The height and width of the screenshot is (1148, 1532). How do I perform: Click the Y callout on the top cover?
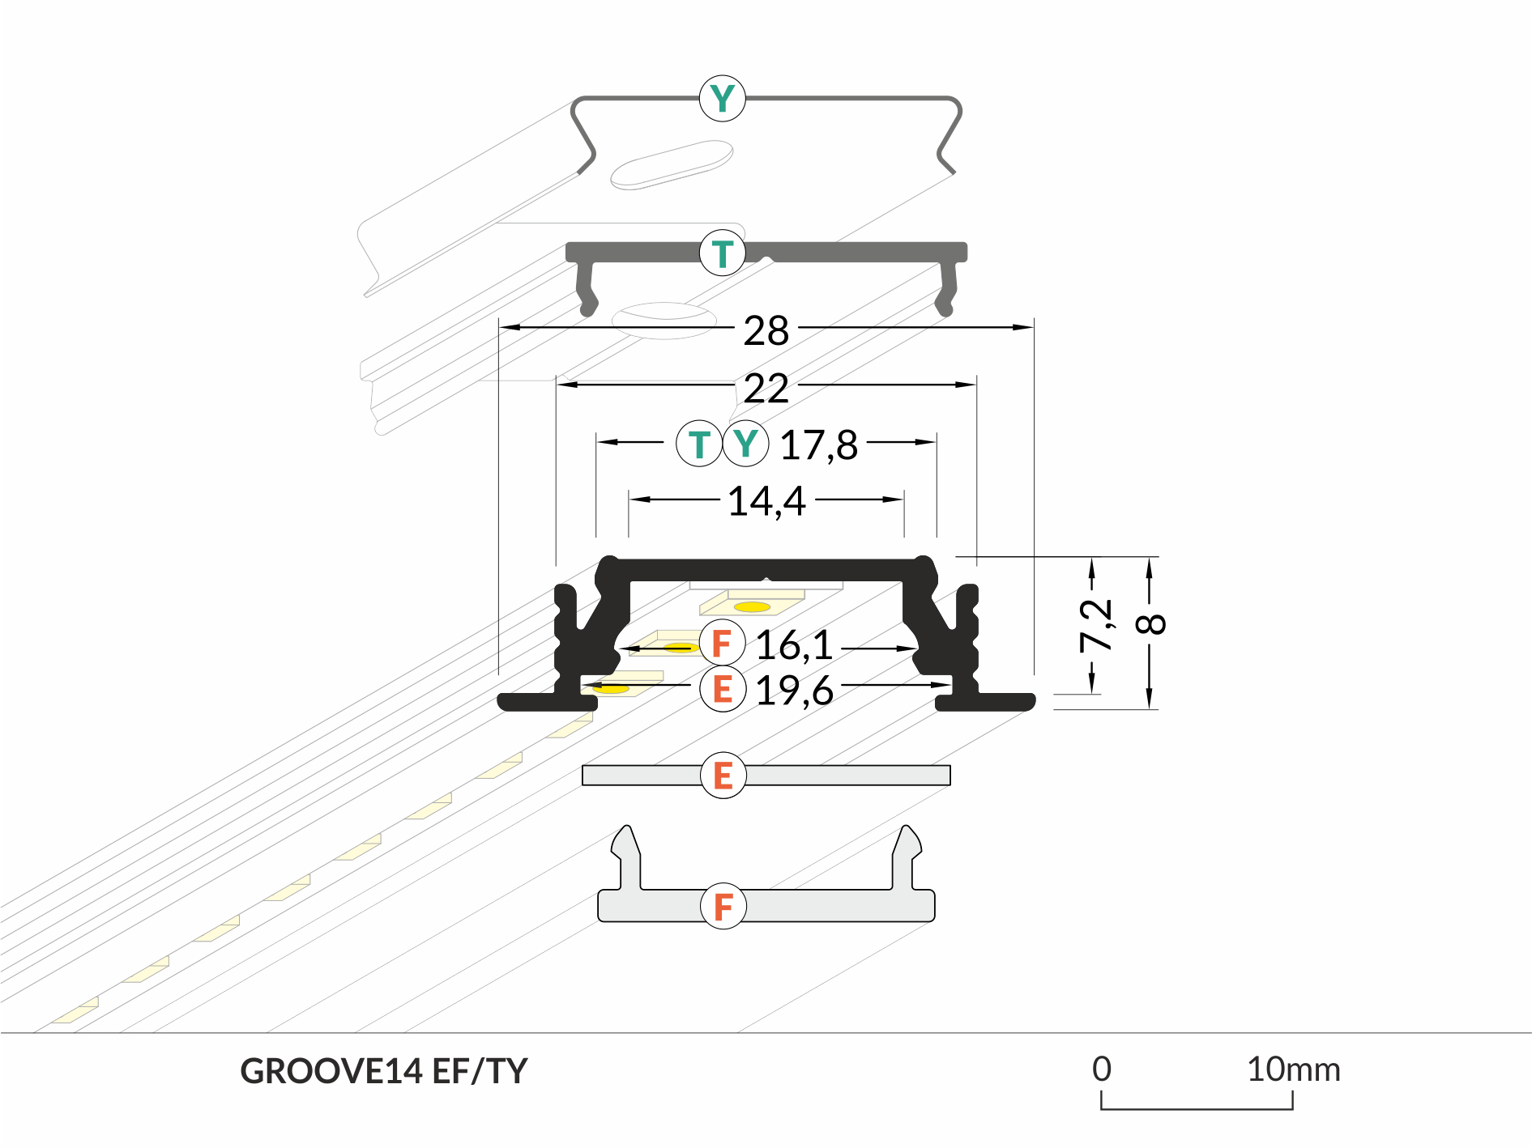[x=722, y=99]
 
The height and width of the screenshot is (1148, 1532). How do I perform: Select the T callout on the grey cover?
[x=722, y=253]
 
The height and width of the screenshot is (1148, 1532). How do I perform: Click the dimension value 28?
[x=766, y=331]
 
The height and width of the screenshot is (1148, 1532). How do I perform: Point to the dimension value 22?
[x=766, y=389]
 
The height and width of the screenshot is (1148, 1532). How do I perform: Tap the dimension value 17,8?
[x=818, y=445]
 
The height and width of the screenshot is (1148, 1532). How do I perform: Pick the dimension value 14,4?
[x=766, y=501]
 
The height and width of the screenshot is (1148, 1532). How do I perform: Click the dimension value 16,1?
[x=794, y=645]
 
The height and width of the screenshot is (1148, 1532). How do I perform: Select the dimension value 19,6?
[x=794, y=691]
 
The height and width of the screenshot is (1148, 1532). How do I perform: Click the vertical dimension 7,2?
[x=1095, y=625]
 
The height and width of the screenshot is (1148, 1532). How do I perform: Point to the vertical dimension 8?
[x=1151, y=624]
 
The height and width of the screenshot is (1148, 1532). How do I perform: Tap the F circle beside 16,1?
[x=722, y=644]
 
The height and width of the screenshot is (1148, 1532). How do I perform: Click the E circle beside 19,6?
[x=722, y=690]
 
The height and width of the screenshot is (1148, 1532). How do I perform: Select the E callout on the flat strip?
[x=723, y=776]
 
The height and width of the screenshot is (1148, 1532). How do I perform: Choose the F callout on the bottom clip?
[x=723, y=906]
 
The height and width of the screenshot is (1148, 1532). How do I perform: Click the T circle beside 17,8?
[x=698, y=444]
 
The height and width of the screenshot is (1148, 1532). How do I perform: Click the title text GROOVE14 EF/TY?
[x=384, y=1071]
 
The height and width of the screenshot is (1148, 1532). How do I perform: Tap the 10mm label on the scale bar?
[x=1293, y=1069]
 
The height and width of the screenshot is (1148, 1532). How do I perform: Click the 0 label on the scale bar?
[x=1101, y=1069]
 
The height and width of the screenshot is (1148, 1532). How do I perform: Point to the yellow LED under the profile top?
[x=752, y=606]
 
